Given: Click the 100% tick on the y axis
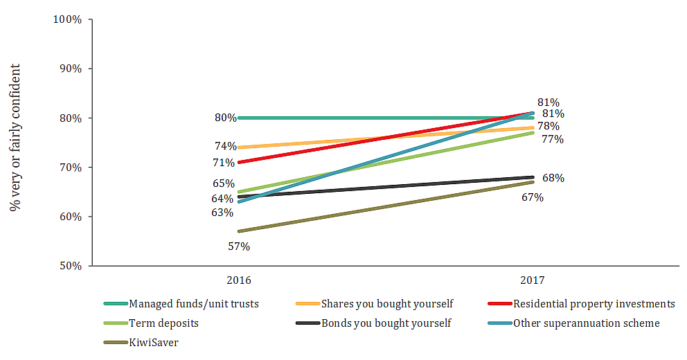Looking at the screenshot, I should click(x=68, y=19).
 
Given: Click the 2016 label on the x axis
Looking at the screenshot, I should click(x=239, y=281).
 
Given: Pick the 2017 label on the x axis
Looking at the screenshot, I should click(x=532, y=281).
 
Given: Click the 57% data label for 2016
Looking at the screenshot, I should click(x=239, y=246).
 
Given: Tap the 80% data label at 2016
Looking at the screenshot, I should click(x=225, y=118).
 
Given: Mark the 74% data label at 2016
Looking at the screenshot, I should click(x=225, y=146).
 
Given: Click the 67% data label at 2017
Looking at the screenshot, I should click(x=533, y=197).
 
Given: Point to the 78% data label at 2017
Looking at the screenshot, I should click(x=548, y=126).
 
